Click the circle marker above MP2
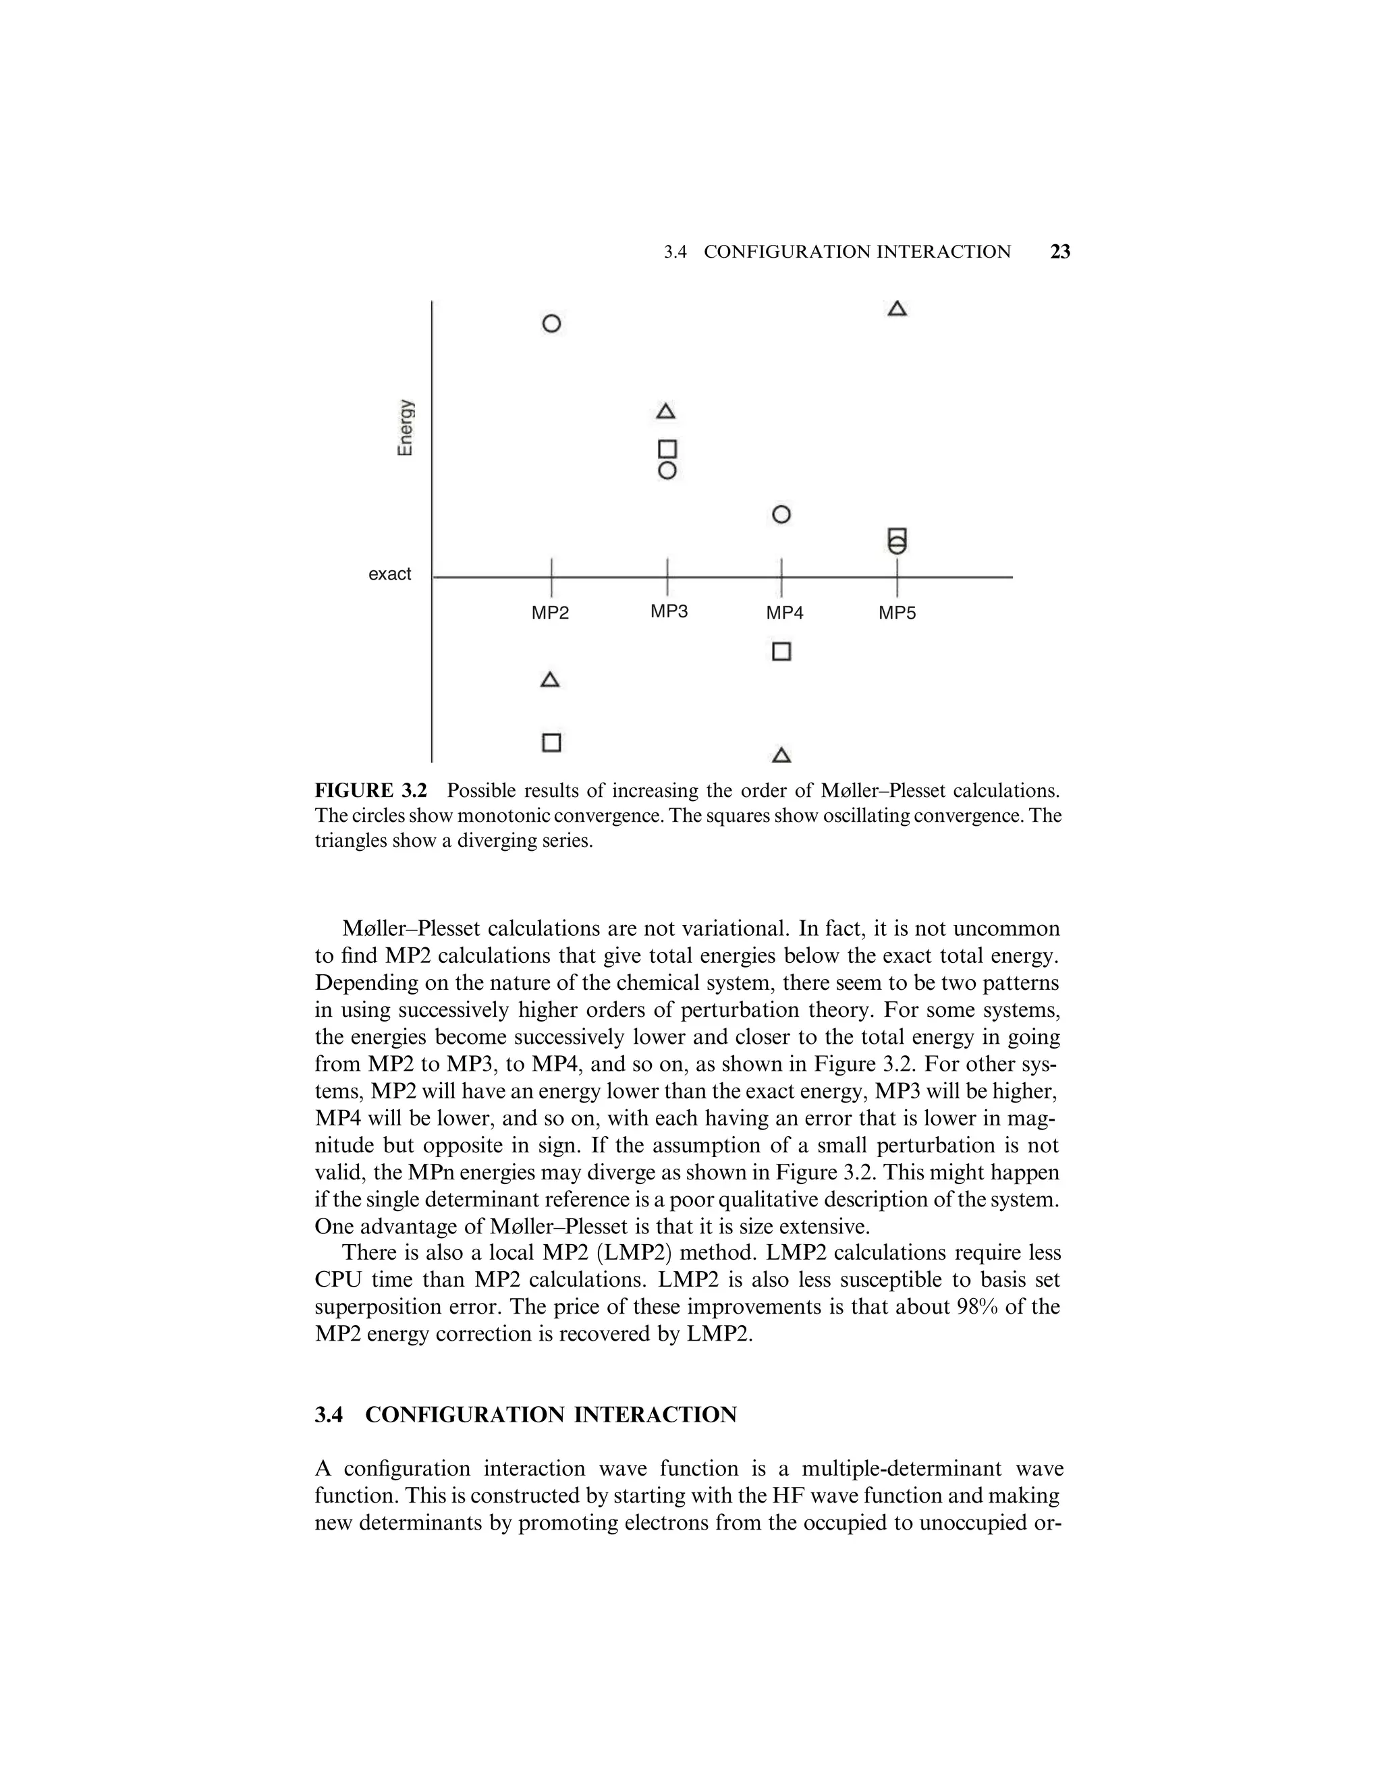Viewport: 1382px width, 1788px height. click(x=552, y=323)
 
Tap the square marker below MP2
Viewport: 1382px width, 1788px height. click(x=552, y=743)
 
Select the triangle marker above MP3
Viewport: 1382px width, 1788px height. click(x=667, y=412)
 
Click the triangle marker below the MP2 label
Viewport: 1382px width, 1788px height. click(x=550, y=680)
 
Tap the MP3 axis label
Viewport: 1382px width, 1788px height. click(x=669, y=611)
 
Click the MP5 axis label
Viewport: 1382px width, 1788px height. click(x=897, y=613)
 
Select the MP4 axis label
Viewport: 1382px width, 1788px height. click(x=784, y=613)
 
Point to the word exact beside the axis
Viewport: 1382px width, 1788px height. click(x=390, y=575)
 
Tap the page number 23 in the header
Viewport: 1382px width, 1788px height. click(x=1060, y=252)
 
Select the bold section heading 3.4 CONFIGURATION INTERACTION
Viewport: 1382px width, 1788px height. click(x=526, y=1416)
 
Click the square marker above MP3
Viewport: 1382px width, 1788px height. click(x=667, y=449)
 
